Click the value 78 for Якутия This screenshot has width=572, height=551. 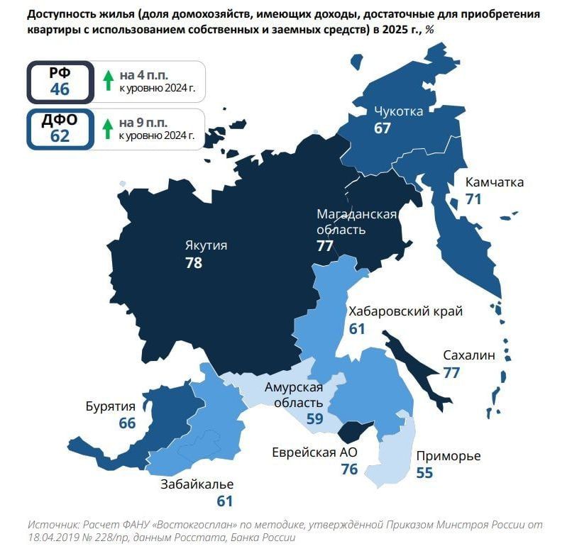coord(193,263)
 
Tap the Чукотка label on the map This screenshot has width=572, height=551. coord(398,111)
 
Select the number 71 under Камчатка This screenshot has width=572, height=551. coord(473,199)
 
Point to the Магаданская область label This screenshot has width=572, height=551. coord(356,221)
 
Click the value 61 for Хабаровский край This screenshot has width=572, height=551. coord(356,328)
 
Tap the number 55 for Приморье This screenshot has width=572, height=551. coord(424,472)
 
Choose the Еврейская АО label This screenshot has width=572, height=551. coord(314,452)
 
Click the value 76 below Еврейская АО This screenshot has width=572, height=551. coord(348,469)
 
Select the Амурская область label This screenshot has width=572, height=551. coord(294,394)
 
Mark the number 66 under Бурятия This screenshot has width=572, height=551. coord(127,423)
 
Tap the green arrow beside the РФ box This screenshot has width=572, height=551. coord(108,81)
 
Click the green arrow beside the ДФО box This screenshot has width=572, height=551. coord(108,128)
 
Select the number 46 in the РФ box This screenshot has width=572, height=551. coord(60,89)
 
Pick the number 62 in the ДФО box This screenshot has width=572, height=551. coord(60,136)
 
